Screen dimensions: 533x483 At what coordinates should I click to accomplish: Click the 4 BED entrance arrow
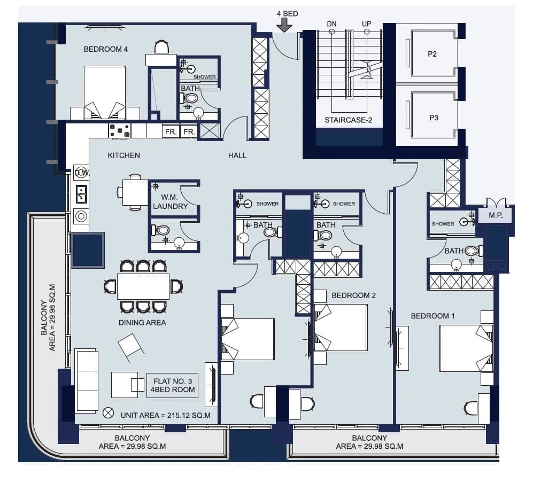point(284,25)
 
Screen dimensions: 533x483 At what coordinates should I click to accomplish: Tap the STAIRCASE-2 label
point(348,120)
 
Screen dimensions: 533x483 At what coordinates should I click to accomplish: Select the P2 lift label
point(432,53)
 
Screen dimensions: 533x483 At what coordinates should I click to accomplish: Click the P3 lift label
point(434,118)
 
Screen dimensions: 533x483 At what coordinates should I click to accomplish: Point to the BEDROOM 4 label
point(106,49)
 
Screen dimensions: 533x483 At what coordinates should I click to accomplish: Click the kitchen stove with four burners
point(120,130)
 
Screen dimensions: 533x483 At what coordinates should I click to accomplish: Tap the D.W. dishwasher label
point(82,173)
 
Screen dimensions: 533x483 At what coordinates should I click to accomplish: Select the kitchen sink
point(81,194)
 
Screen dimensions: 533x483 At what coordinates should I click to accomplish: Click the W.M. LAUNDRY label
point(170,202)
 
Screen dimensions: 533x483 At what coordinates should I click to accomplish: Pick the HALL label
point(237,155)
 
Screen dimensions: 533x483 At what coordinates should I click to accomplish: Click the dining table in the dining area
point(143,286)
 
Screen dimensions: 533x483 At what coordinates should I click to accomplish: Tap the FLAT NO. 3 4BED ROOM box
point(172,386)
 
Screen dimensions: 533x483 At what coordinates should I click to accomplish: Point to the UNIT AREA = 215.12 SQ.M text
point(166,415)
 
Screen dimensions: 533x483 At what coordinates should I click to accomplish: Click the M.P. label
point(496,215)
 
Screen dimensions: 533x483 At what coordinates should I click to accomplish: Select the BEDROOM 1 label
point(432,316)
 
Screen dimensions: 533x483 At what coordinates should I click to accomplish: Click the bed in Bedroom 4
point(105,92)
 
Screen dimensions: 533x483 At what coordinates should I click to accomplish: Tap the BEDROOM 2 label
point(353,295)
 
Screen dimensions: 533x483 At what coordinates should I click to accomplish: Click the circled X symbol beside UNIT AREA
point(108,413)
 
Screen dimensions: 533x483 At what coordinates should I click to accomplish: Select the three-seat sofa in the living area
point(87,381)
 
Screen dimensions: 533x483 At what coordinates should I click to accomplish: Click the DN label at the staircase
point(331,24)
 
